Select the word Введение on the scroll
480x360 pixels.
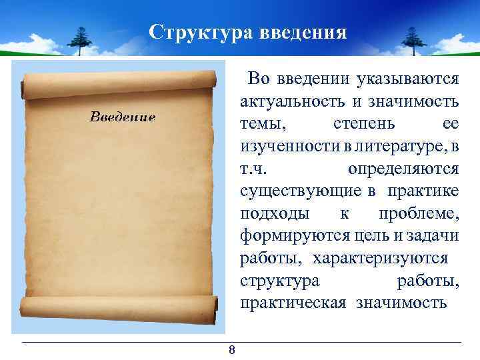[x=123, y=117]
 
